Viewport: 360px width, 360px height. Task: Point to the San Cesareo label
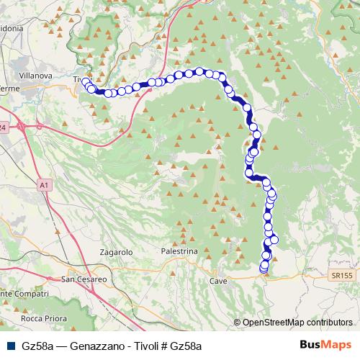coord(84,279)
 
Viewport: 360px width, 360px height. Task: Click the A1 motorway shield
coord(45,185)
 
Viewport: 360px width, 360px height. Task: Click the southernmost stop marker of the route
coord(263,269)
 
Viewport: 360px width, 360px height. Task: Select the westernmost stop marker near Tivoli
coord(86,81)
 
